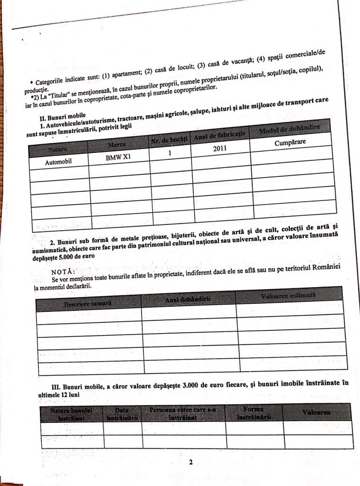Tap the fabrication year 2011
(219, 148)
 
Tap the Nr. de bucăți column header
(170, 140)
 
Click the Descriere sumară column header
(88, 303)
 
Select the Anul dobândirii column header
(188, 300)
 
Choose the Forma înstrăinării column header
(254, 412)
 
